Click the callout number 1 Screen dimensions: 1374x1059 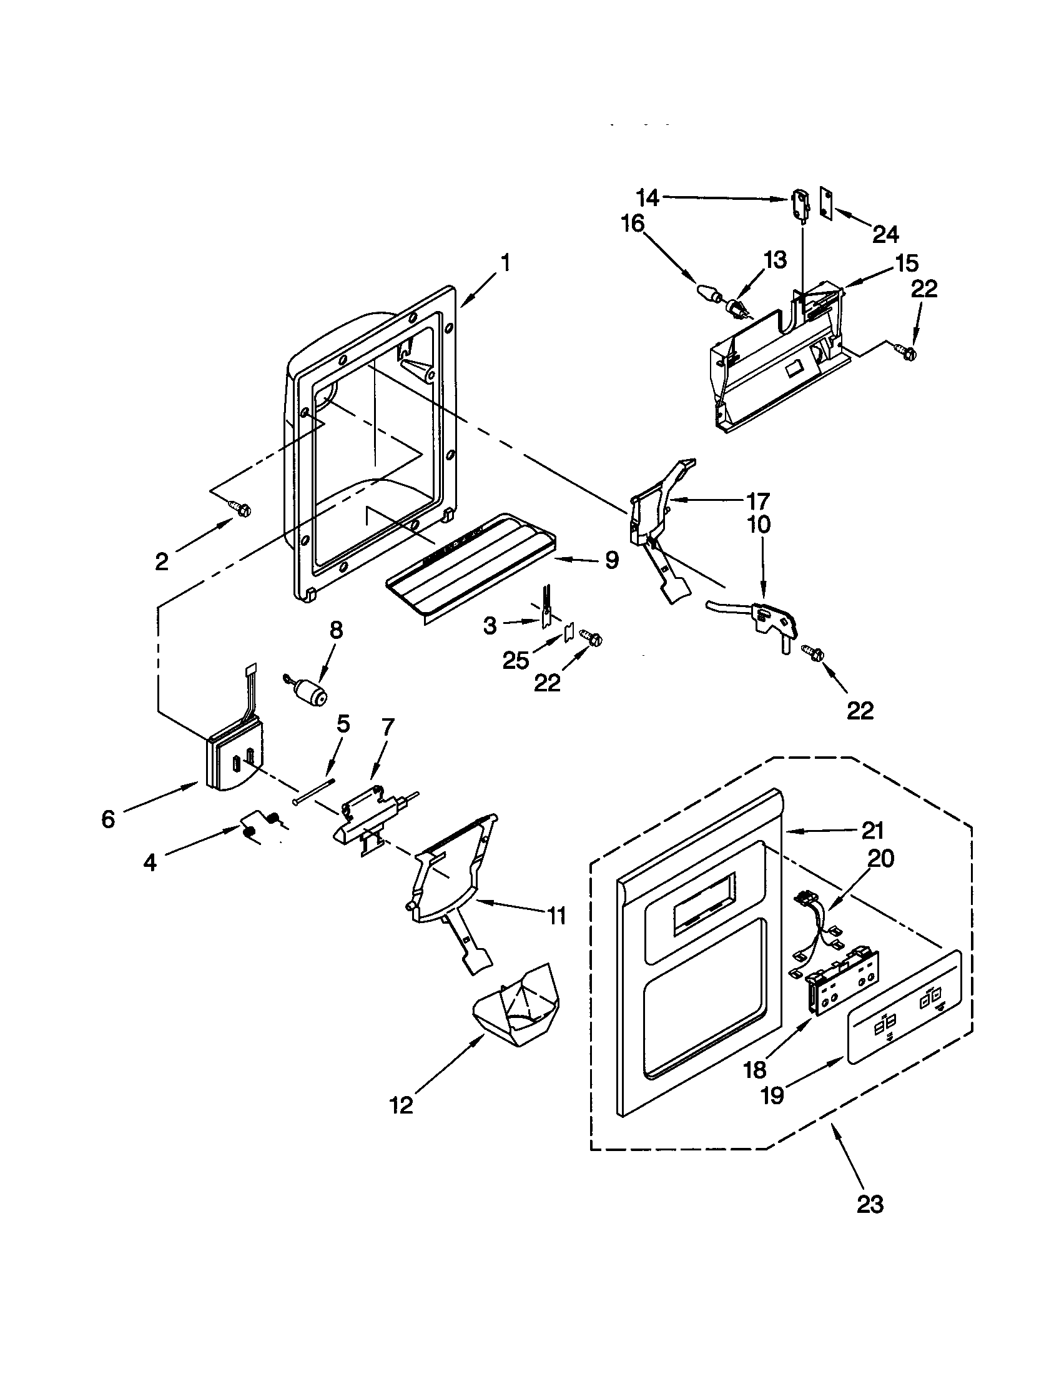pyautogui.click(x=505, y=263)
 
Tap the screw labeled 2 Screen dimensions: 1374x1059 pyautogui.click(x=240, y=508)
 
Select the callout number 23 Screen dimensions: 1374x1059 pyautogui.click(x=870, y=1203)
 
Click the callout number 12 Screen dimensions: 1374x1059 pyautogui.click(x=401, y=1105)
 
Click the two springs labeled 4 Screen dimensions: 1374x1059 pyautogui.click(x=261, y=825)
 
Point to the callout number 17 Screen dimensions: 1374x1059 pyautogui.click(x=758, y=501)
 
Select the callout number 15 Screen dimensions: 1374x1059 pyautogui.click(x=906, y=262)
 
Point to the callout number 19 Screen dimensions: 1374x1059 pyautogui.click(x=772, y=1095)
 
